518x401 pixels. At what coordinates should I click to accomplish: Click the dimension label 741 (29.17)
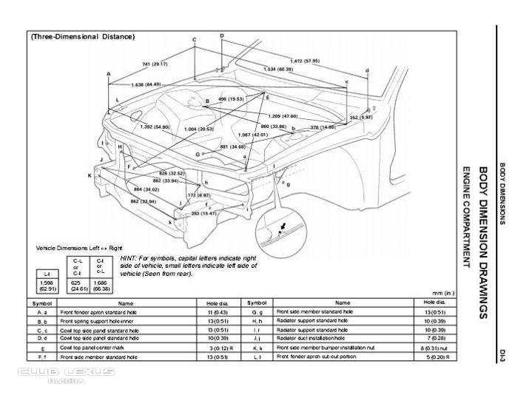[x=155, y=64]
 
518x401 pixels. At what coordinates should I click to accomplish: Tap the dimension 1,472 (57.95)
[x=305, y=61]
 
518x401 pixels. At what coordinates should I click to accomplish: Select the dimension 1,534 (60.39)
[x=278, y=70]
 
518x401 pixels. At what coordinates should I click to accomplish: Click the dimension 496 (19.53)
[x=232, y=98]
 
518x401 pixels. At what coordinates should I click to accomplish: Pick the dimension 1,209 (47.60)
[x=283, y=116]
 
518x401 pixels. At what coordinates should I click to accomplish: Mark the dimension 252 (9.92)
[x=361, y=117]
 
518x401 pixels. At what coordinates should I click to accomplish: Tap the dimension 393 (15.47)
[x=204, y=213]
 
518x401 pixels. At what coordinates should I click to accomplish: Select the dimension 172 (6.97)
[x=198, y=195]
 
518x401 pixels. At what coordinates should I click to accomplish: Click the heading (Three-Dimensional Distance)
[x=82, y=36]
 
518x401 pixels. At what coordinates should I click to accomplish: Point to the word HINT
[x=127, y=258]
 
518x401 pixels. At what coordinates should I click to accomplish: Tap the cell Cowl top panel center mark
[x=97, y=347]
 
